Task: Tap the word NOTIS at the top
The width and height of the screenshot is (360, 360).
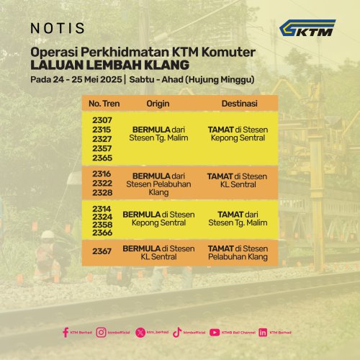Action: (58, 29)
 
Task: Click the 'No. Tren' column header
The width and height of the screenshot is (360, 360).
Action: (102, 104)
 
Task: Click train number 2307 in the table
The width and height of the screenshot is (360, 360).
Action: (102, 120)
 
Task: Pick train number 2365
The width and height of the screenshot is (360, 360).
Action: (102, 157)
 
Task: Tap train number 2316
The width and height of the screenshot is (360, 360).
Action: (102, 174)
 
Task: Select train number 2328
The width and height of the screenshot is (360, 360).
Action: (102, 193)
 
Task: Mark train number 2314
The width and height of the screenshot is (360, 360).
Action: (102, 208)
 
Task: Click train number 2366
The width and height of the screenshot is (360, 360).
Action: (102, 233)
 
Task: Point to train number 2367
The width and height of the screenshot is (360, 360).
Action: (102, 252)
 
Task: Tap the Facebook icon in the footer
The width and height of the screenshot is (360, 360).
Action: (66, 332)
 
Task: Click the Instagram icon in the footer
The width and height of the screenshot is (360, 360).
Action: (102, 332)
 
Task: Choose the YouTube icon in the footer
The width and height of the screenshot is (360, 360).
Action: (215, 332)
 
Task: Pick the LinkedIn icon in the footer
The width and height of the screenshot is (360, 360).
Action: (263, 332)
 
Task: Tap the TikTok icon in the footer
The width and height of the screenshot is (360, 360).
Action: (177, 332)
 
